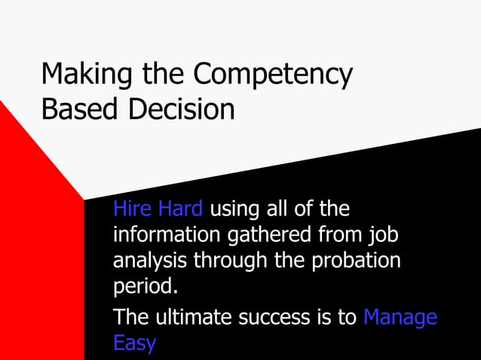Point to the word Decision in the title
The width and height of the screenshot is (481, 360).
click(x=180, y=109)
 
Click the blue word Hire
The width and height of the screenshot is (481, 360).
click(x=132, y=208)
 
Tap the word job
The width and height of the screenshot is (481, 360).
click(x=384, y=236)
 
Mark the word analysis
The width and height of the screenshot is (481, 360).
click(x=150, y=261)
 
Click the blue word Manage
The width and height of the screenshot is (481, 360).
click(x=400, y=317)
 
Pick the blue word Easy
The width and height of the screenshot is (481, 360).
click(x=134, y=343)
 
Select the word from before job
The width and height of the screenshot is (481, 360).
click(x=339, y=235)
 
